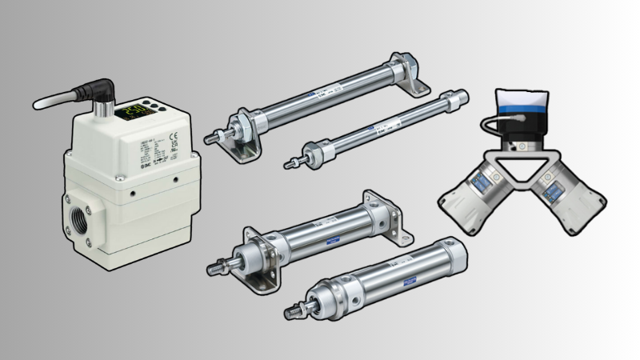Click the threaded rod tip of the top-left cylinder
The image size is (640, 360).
(x=209, y=137)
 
